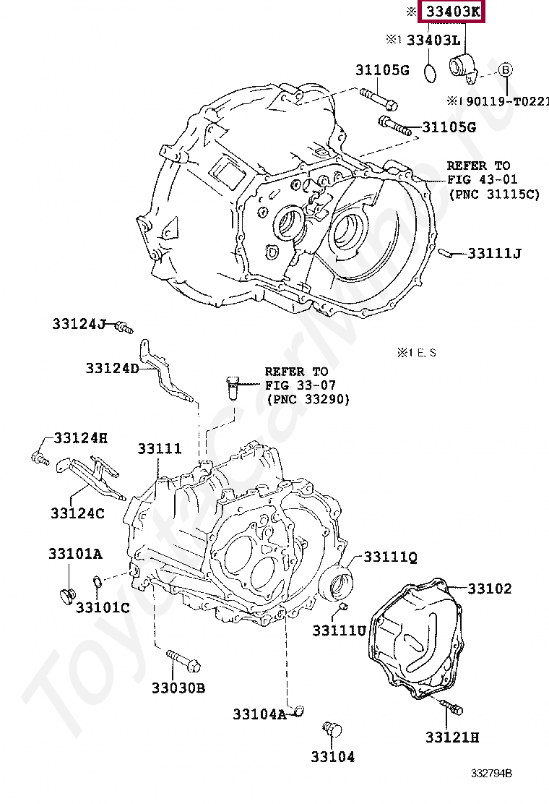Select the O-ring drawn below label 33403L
click(x=429, y=72)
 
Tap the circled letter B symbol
click(x=506, y=69)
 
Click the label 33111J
click(x=494, y=253)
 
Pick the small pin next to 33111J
click(x=445, y=252)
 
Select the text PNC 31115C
click(x=493, y=194)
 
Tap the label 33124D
click(x=111, y=368)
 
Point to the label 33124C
click(x=77, y=513)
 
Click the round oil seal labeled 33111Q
click(x=338, y=581)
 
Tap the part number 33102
click(x=489, y=589)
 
